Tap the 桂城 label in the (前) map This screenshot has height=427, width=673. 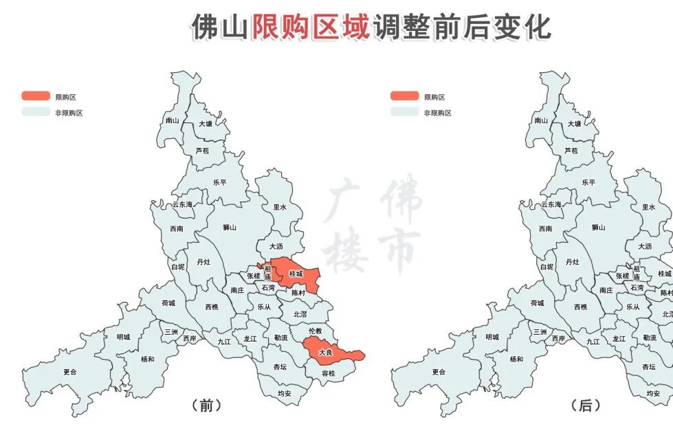click(296, 274)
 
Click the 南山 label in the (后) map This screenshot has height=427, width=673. click(541, 121)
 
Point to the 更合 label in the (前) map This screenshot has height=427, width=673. click(70, 372)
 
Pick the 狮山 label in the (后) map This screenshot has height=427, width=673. click(599, 228)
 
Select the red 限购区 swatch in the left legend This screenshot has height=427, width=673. click(36, 96)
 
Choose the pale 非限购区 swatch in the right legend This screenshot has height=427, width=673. click(405, 112)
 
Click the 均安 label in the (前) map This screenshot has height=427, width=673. click(285, 394)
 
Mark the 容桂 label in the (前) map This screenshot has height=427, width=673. click(329, 373)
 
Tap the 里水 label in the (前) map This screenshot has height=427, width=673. click(280, 207)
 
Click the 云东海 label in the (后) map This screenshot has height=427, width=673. click(551, 205)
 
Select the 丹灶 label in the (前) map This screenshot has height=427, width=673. click(203, 262)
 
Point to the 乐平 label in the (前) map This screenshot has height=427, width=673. click(219, 183)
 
